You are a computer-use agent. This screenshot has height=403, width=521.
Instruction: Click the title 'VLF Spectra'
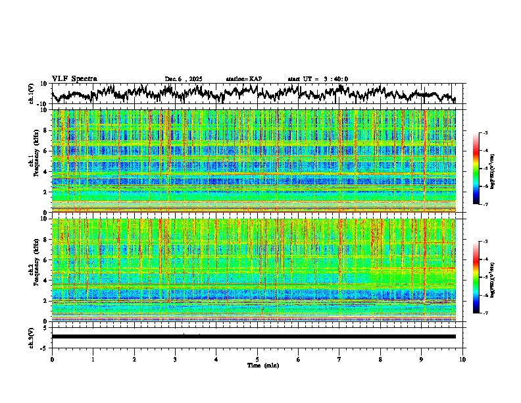tap(74, 79)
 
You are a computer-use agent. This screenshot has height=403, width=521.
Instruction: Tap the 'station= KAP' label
tap(244, 79)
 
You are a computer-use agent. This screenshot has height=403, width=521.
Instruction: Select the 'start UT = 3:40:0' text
tap(318, 79)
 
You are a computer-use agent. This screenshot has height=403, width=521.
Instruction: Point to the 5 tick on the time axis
tap(257, 359)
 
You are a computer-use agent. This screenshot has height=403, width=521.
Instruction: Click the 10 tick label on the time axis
tap(462, 359)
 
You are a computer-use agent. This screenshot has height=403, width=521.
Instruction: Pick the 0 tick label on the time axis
tap(52, 359)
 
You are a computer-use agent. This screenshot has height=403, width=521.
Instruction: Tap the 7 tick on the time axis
tap(339, 359)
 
